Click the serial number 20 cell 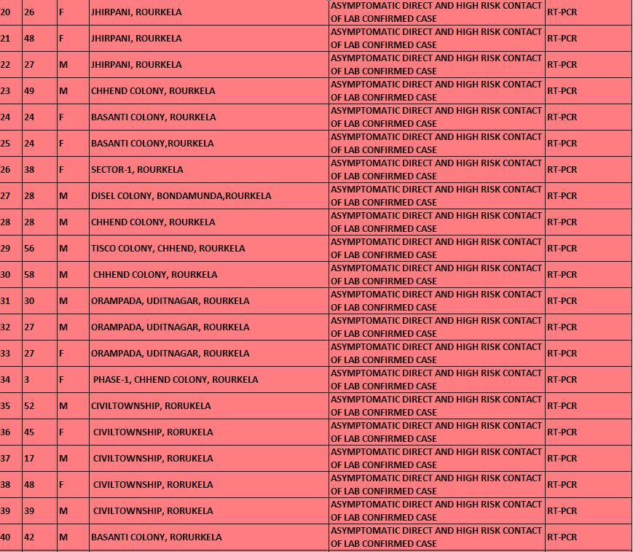(6, 12)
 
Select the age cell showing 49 (29, 91)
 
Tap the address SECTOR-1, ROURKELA (137, 170)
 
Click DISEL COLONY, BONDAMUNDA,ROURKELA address (181, 196)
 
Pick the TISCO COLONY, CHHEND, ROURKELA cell (168, 249)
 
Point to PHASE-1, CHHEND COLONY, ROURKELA (176, 380)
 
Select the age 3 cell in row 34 (27, 380)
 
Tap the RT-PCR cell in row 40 (562, 537)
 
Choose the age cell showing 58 (29, 275)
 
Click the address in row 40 (156, 537)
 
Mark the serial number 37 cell (6, 459)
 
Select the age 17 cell (29, 459)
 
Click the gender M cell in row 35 (63, 406)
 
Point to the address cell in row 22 (136, 65)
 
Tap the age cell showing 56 (29, 249)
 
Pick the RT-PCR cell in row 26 (562, 170)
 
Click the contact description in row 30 (436, 275)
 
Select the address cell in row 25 (152, 144)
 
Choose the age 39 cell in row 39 (29, 511)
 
